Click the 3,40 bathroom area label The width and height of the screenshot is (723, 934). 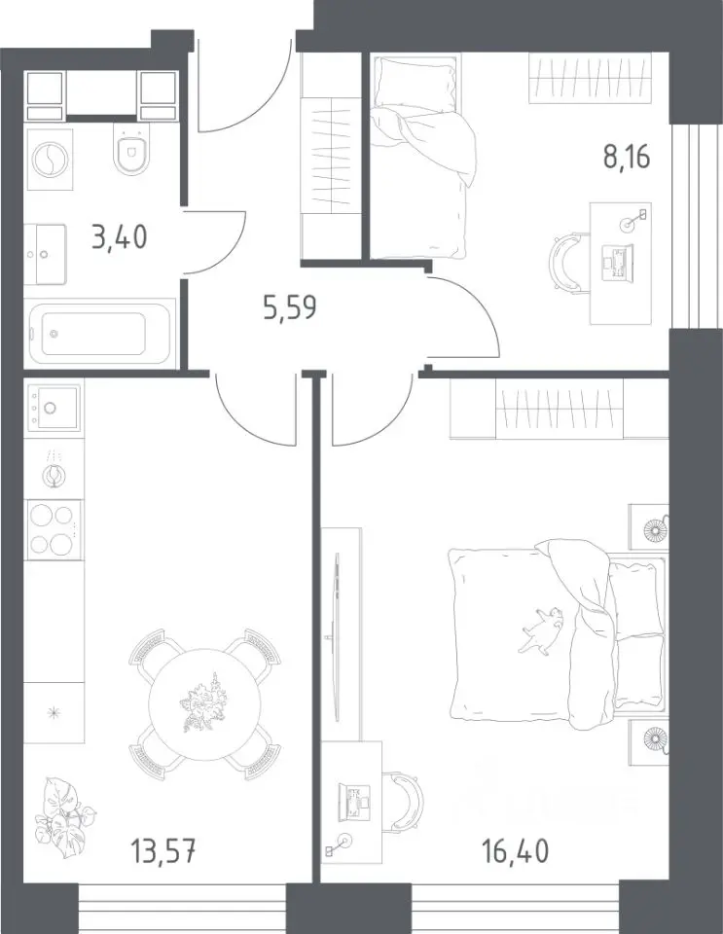[x=119, y=237]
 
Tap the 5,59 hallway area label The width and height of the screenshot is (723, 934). [x=289, y=308]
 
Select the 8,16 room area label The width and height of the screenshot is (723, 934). [x=627, y=157]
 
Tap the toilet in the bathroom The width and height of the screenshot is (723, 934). [x=132, y=153]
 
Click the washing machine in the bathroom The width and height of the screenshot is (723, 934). [x=50, y=160]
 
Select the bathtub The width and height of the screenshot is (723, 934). [x=101, y=334]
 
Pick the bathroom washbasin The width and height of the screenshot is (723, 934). [x=46, y=254]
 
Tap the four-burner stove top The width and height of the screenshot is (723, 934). [x=53, y=529]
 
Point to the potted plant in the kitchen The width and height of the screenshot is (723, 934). [x=61, y=811]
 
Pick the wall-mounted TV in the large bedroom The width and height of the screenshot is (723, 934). [x=337, y=636]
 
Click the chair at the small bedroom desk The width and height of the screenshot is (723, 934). [x=565, y=261]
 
